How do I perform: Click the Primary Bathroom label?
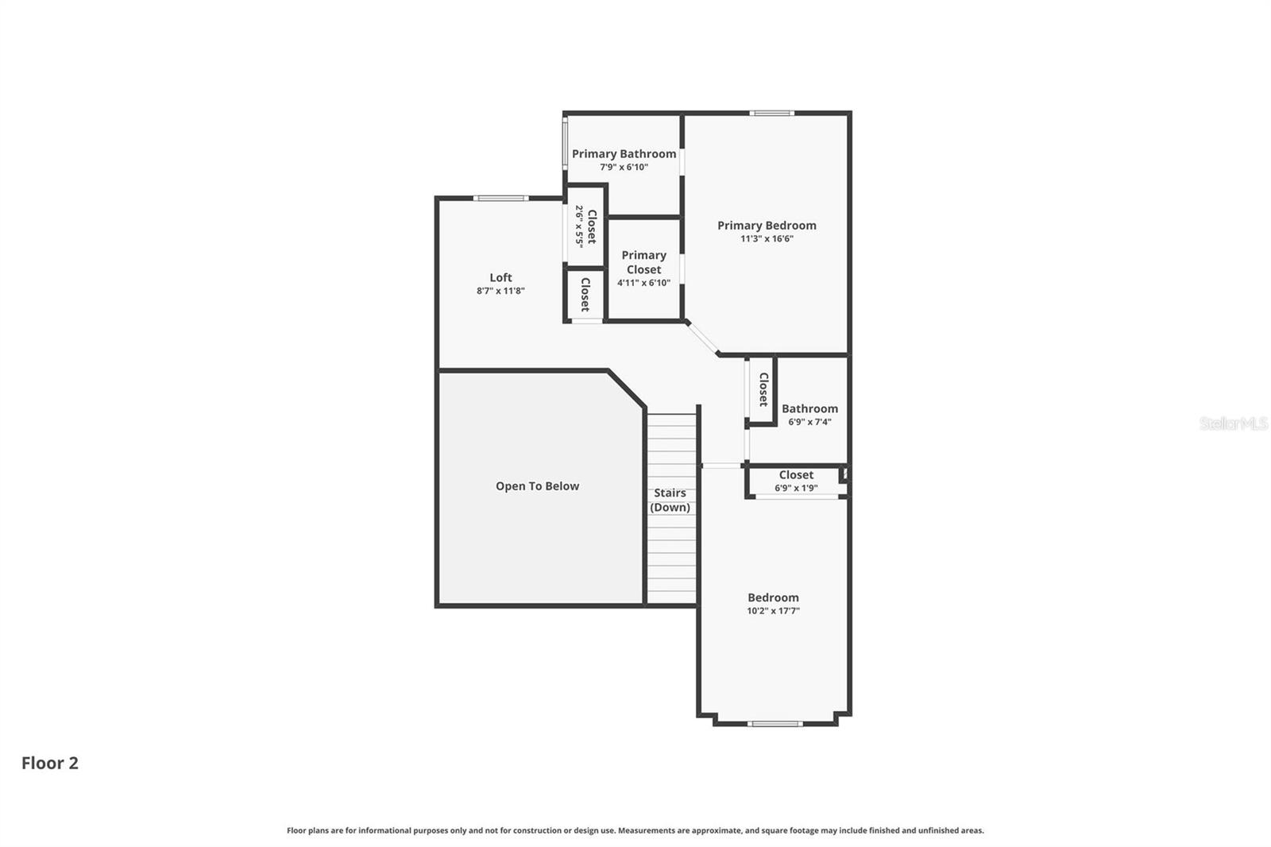click(624, 154)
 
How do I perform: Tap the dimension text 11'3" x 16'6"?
click(767, 238)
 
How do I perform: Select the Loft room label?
click(500, 277)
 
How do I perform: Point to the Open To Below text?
click(537, 486)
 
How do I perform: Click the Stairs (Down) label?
click(670, 500)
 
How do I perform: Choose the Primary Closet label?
click(643, 262)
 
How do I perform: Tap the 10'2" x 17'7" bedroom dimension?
click(773, 611)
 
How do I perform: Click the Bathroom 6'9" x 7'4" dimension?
click(809, 422)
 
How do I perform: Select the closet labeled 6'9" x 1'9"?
click(796, 482)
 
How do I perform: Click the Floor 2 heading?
click(49, 763)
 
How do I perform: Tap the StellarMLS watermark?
click(1233, 423)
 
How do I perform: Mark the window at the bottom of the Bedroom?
click(775, 723)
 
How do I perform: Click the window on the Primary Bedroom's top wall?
click(771, 113)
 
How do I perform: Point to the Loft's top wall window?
click(500, 198)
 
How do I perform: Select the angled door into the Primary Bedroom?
click(702, 338)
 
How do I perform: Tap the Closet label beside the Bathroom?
click(763, 389)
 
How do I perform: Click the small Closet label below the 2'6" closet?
click(585, 294)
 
